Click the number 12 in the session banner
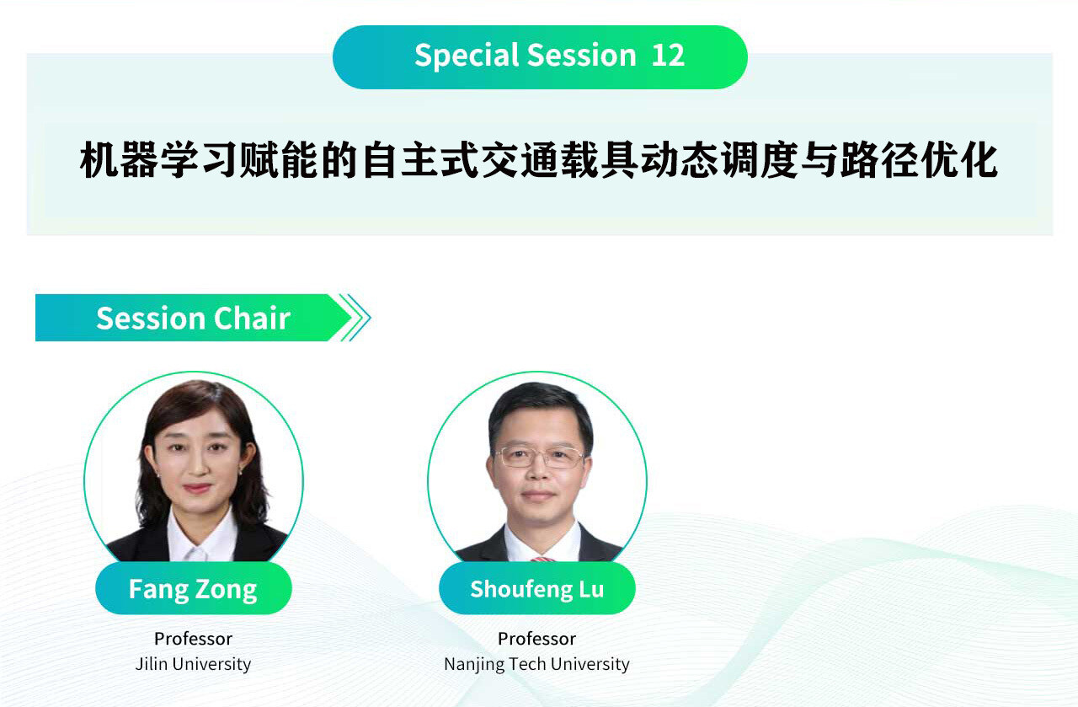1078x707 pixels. [x=668, y=55]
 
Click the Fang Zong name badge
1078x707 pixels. [x=194, y=588]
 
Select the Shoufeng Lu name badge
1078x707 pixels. [x=537, y=588]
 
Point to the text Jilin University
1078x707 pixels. [x=193, y=664]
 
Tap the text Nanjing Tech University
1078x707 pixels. [x=536, y=664]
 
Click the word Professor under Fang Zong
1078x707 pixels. [x=193, y=639]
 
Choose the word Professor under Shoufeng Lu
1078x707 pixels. [x=536, y=639]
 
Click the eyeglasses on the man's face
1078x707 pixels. [x=540, y=457]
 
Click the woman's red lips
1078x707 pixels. [x=197, y=488]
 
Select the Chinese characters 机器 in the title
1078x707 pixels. [x=119, y=159]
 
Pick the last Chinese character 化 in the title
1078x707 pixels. [x=979, y=159]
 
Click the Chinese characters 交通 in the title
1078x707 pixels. [x=520, y=159]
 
